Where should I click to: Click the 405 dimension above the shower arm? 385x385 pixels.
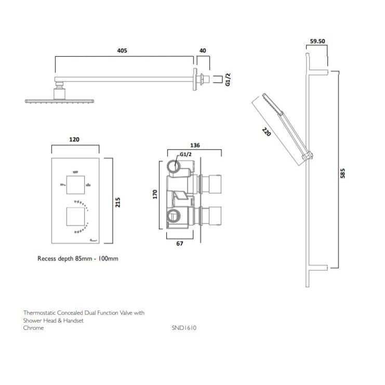(122, 51)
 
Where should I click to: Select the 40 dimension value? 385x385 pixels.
(203, 51)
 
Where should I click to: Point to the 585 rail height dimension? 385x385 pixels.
(342, 173)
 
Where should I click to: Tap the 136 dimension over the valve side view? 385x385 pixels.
(195, 145)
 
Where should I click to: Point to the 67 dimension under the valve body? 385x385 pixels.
(179, 244)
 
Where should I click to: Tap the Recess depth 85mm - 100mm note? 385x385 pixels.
(77, 258)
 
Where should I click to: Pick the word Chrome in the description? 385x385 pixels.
(33, 328)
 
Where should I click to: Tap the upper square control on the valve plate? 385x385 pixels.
(76, 183)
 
